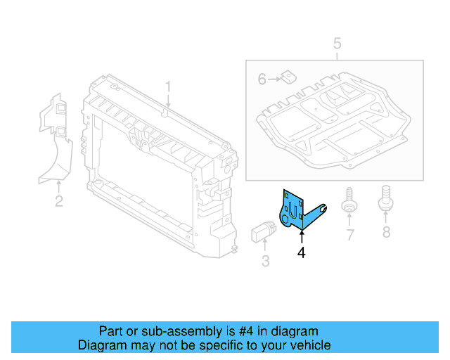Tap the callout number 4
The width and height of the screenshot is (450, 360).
(302, 252)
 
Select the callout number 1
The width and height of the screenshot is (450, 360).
(168, 86)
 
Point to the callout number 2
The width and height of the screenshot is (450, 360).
(59, 202)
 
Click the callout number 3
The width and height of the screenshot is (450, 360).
(265, 262)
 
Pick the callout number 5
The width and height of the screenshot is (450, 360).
(337, 44)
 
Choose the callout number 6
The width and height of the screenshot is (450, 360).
(262, 79)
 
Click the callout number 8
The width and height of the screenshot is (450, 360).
(385, 232)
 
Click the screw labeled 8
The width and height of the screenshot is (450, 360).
(385, 199)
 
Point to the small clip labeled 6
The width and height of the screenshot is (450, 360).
(287, 77)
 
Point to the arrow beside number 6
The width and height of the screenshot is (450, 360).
(274, 79)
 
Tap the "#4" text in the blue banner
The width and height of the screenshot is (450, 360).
(243, 331)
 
